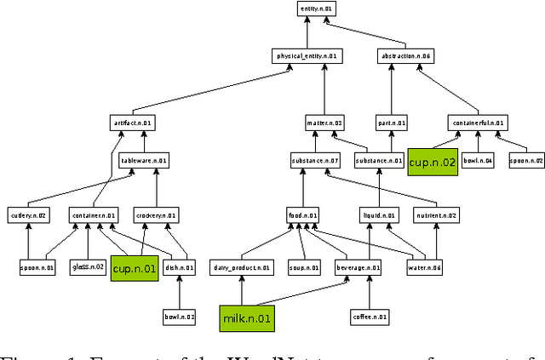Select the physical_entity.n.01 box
pos(307,57)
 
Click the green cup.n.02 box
pos(432,162)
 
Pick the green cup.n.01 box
pos(135,269)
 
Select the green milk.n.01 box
pos(246,317)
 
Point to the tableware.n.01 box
pos(143,160)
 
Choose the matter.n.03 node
pos(324,123)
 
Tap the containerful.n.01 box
pos(479,123)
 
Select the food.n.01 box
pos(302,215)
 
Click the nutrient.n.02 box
pos(437,215)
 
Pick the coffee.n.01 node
pos(369,317)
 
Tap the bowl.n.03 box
pos(179,317)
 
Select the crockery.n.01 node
pos(155,215)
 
